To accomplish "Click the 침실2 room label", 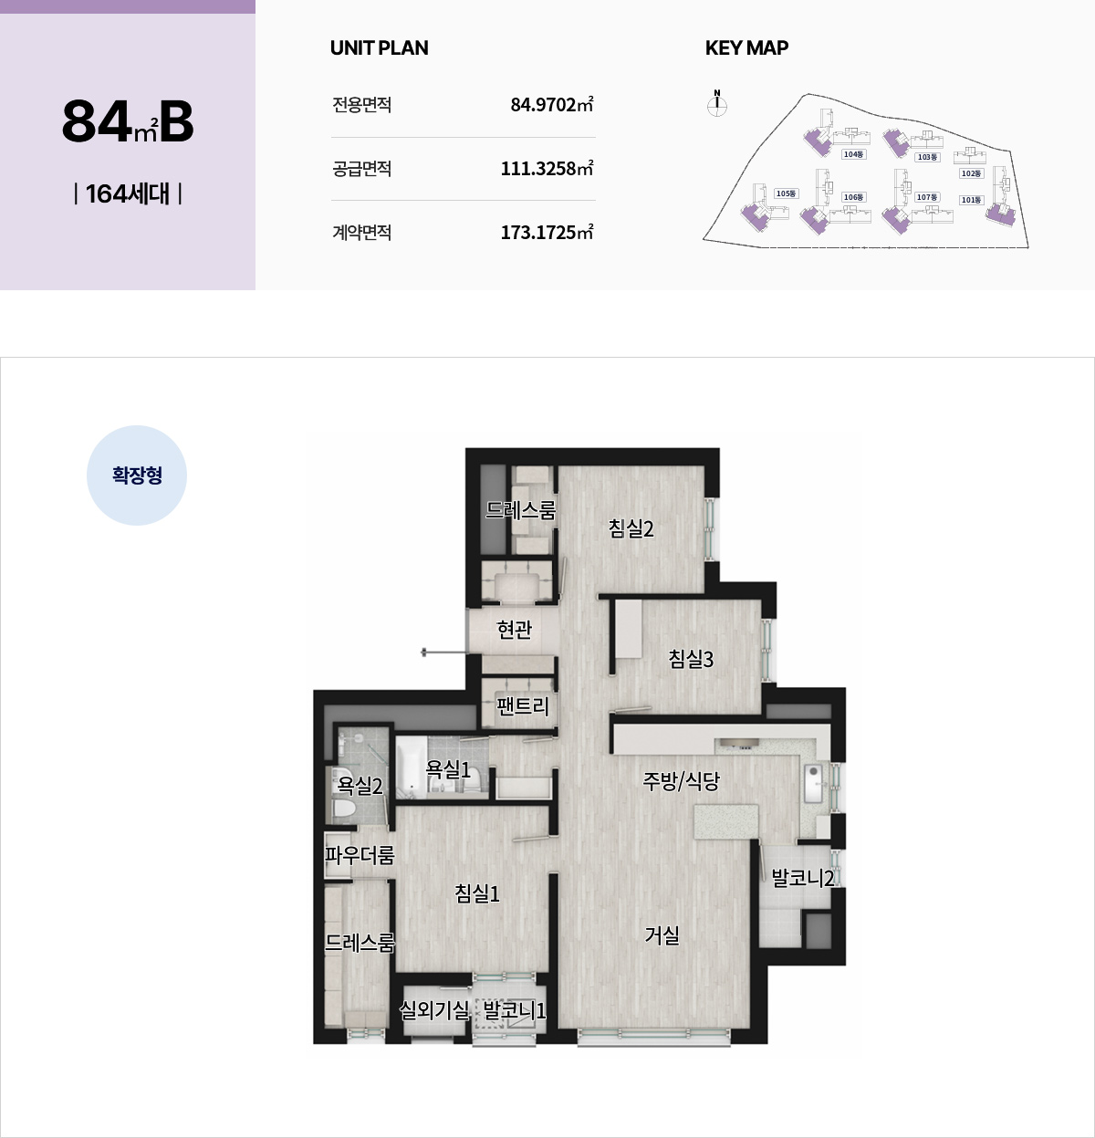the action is point(631,528).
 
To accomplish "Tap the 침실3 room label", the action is point(691,659).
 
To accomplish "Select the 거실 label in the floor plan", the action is point(662,935).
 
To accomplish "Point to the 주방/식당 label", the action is point(681,780).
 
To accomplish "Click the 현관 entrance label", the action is point(514,630).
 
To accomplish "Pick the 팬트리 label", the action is point(523,705).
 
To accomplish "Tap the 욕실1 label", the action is point(448,769).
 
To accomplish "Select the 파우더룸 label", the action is point(360,855).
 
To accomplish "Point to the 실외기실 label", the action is point(433,1010).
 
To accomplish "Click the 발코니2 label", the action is point(803,878).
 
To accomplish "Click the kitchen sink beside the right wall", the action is point(814,784).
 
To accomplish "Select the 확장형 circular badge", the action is point(137,475).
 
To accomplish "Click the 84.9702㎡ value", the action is point(552,105).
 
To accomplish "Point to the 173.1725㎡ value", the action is point(547,232).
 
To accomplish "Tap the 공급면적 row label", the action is point(362,169).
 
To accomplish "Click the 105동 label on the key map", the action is point(786,193).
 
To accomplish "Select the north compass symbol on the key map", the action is point(716,103).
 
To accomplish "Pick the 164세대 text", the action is point(128,193).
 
